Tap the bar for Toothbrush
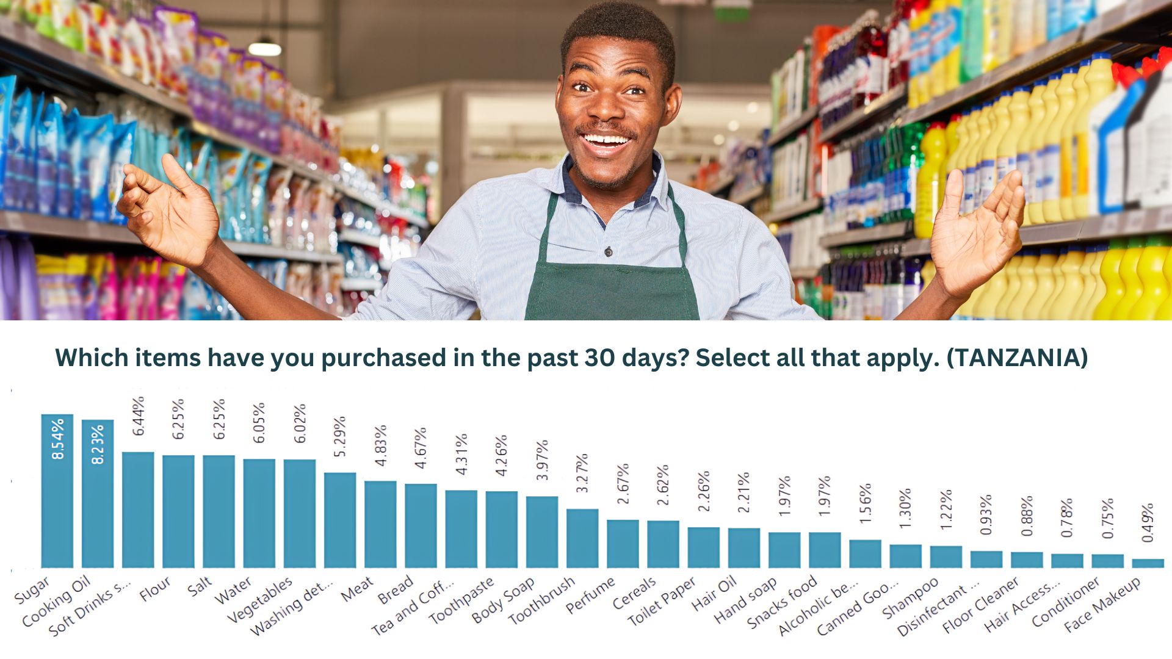[582, 538]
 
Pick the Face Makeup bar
[1148, 563]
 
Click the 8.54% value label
[58, 439]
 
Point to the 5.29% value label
[340, 436]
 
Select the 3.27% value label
[582, 473]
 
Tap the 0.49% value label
[1148, 522]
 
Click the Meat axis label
[357, 589]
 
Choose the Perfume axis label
[590, 596]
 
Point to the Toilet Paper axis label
[662, 602]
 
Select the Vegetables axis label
[260, 600]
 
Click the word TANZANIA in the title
[1017, 358]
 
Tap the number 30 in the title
[601, 358]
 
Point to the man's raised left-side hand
[168, 207]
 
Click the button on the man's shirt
[608, 251]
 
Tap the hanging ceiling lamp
[265, 48]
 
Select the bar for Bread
[421, 525]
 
